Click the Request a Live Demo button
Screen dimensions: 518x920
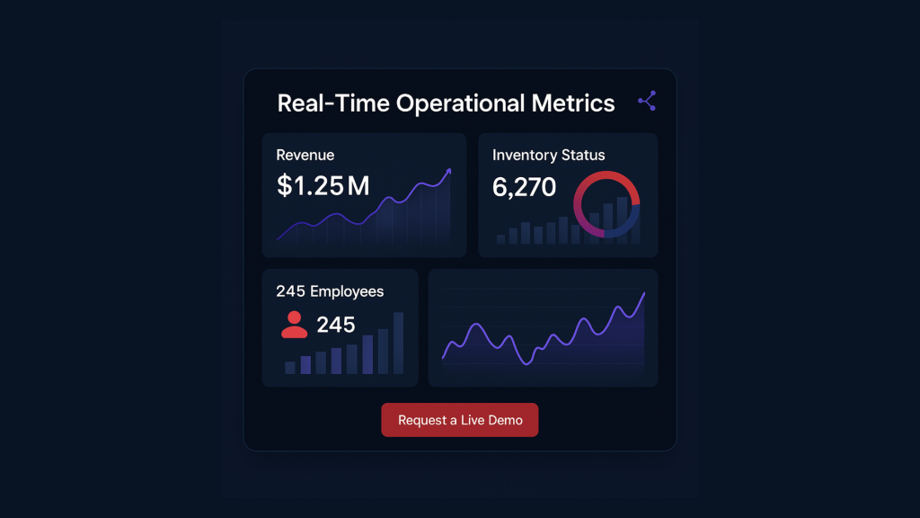coord(459,420)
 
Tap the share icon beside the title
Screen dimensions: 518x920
coord(647,101)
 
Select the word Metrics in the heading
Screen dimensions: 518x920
coord(571,103)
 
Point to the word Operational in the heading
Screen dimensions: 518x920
coord(461,104)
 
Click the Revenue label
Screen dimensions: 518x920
coord(305,155)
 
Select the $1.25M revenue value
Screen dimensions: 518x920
coord(323,186)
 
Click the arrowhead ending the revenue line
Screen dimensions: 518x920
coord(448,171)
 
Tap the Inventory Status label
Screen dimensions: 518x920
coord(548,155)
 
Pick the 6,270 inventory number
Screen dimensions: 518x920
coord(524,187)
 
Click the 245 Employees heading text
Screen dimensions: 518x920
coord(330,291)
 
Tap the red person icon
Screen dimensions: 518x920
coord(294,325)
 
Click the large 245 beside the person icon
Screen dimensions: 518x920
coord(336,325)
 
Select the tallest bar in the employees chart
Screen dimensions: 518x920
coord(398,343)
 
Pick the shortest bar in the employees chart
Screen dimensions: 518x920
coord(289,367)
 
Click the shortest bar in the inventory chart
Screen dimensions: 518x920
coord(500,239)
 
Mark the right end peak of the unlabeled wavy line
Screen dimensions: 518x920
coord(643,294)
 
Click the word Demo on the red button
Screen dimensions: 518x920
coord(506,420)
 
